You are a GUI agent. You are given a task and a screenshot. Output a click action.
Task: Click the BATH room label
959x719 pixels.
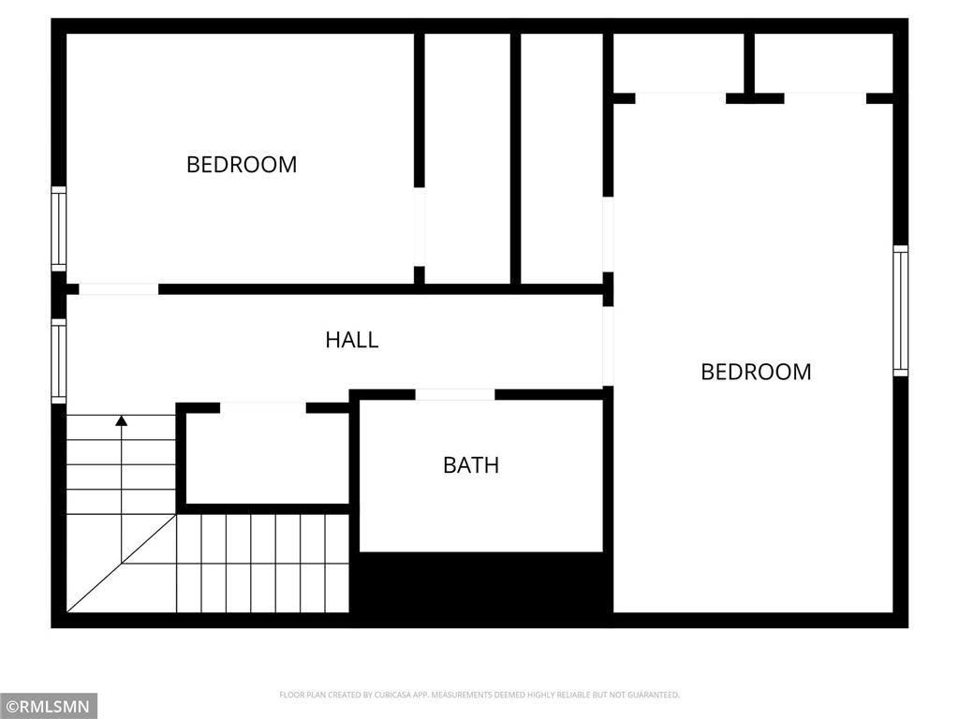click(471, 465)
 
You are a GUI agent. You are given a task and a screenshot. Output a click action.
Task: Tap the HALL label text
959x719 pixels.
click(352, 340)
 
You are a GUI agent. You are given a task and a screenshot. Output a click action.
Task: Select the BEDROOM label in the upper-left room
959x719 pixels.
click(242, 165)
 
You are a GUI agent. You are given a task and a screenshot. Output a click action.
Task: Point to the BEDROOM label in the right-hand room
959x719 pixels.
click(756, 372)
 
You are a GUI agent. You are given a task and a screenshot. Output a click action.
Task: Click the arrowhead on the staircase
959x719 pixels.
click(121, 420)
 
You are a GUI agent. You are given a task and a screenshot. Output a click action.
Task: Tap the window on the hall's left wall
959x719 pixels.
click(59, 360)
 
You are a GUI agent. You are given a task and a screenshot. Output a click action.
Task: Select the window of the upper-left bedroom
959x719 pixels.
click(59, 228)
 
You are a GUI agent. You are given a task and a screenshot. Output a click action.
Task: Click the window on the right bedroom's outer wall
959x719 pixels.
click(900, 311)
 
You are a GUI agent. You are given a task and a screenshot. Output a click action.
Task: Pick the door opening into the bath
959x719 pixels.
click(455, 394)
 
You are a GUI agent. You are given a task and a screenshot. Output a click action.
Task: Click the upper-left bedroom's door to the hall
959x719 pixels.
click(118, 289)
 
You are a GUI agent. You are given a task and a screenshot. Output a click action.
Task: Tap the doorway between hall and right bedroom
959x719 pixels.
click(608, 345)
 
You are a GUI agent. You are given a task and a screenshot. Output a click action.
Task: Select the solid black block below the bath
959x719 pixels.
click(481, 582)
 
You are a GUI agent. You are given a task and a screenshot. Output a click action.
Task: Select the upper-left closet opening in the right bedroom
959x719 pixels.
click(680, 97)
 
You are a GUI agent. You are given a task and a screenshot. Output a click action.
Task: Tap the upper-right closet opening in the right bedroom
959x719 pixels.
click(825, 97)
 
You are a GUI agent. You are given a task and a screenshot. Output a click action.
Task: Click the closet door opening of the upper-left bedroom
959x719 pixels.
click(420, 227)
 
